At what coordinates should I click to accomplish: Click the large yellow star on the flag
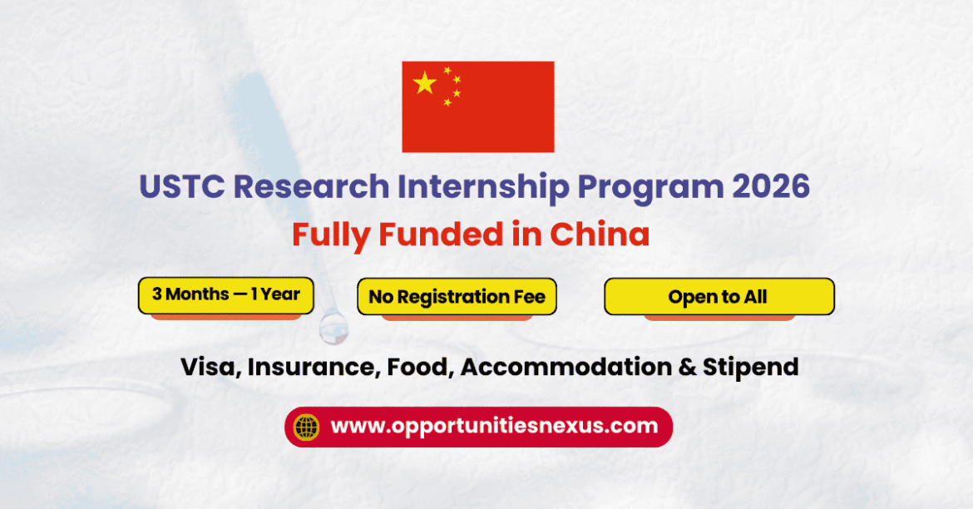424,82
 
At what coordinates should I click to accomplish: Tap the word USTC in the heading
182,186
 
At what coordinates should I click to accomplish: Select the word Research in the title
312,186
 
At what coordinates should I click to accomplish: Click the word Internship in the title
483,187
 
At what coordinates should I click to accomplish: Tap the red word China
600,235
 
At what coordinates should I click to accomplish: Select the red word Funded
442,235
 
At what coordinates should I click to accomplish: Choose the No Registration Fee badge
457,297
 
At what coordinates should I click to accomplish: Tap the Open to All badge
719,297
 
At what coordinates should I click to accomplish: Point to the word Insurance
314,367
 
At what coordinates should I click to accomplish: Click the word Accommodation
566,367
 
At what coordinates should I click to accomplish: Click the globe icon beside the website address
307,427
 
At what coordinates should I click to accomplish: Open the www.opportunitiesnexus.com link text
494,427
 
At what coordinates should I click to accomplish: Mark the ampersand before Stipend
687,367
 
